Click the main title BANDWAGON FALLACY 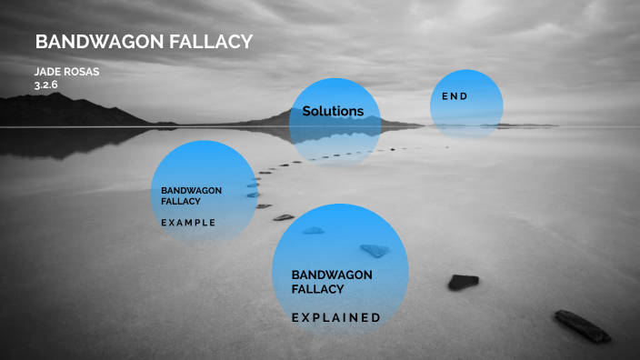point(143,43)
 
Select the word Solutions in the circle point(333,112)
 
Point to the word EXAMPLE point(188,223)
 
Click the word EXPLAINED point(335,318)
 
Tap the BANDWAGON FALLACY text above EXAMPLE point(191,195)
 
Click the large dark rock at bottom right point(583,325)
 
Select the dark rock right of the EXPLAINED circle point(463,282)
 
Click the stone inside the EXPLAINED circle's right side point(374,250)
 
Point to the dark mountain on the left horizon point(64,111)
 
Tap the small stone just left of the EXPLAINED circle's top point(284,217)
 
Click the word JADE point(48,71)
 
